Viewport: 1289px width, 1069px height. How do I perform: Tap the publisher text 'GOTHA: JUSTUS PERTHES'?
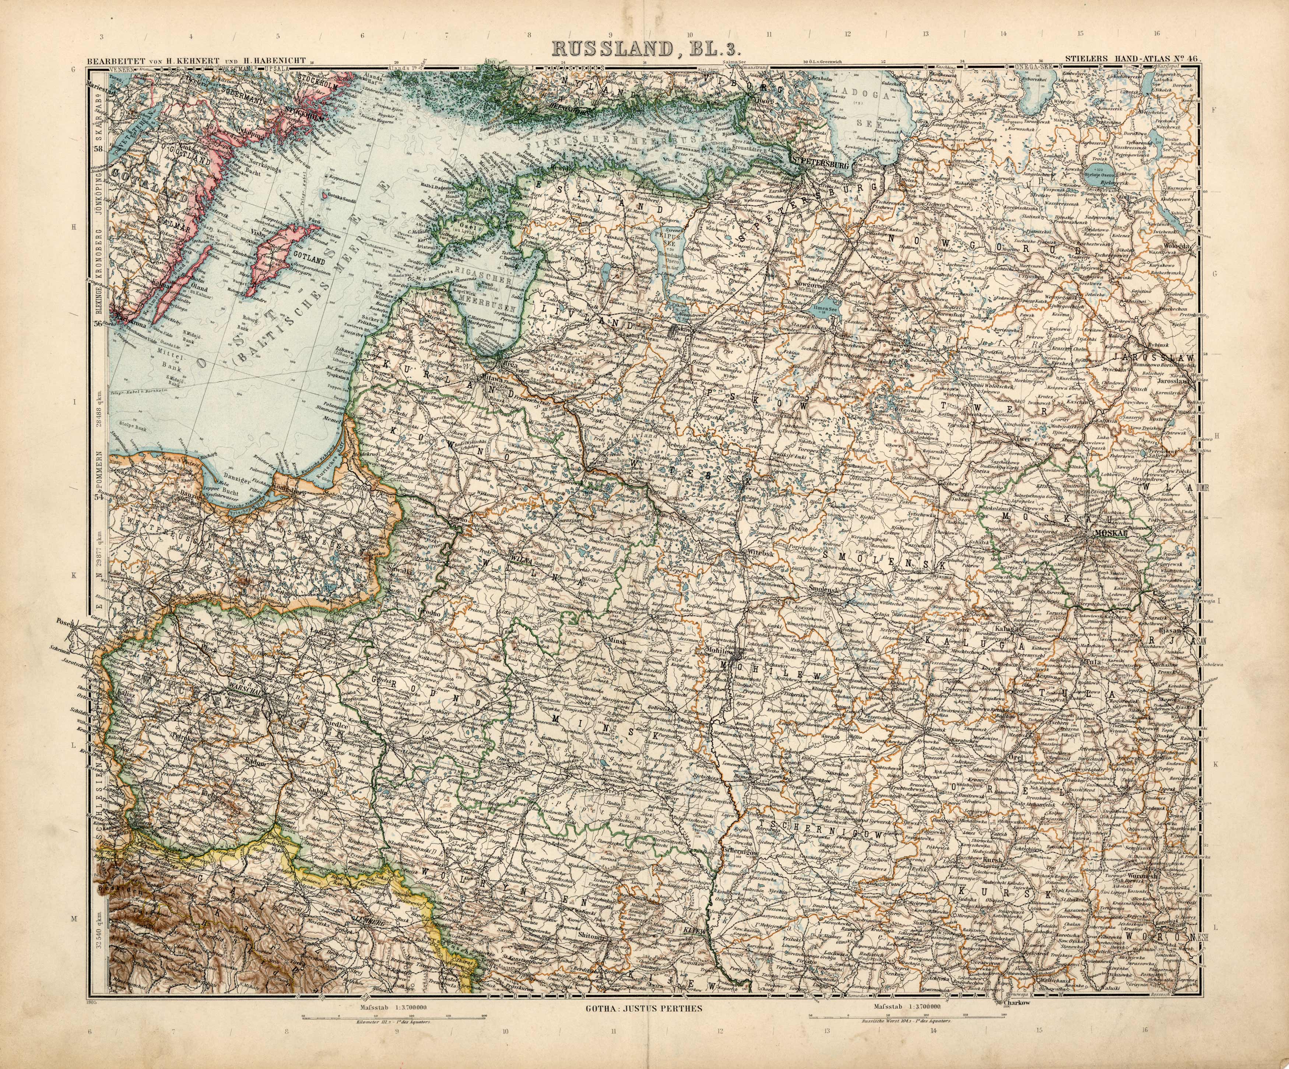point(643,1008)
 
